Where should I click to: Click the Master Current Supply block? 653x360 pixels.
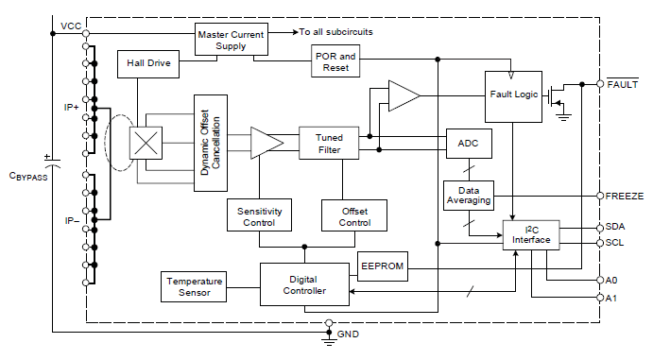(x=231, y=41)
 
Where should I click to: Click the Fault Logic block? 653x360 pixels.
(x=513, y=95)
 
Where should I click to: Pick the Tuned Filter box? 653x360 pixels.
(x=329, y=144)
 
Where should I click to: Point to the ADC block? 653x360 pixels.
(x=468, y=144)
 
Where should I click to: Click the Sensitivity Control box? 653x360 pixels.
(x=259, y=215)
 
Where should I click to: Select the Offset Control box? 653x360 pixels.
(x=354, y=215)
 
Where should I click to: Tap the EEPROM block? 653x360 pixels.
(x=382, y=266)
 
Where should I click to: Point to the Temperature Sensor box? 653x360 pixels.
(x=194, y=286)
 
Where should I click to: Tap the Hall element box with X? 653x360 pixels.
(x=146, y=144)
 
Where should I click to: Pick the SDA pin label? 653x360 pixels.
(x=615, y=228)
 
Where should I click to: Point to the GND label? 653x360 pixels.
(x=348, y=334)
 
